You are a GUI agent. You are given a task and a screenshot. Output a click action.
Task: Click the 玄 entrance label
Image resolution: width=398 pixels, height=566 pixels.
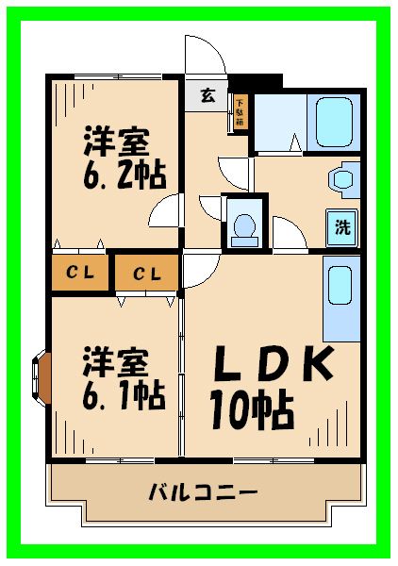206,94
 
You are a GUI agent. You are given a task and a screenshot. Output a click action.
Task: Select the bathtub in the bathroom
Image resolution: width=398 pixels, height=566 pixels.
334,120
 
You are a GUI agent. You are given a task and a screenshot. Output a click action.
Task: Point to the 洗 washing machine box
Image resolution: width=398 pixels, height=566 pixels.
343,226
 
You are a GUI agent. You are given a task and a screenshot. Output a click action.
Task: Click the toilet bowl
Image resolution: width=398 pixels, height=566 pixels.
244,226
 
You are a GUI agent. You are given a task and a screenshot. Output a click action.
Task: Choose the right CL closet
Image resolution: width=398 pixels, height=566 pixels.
146,274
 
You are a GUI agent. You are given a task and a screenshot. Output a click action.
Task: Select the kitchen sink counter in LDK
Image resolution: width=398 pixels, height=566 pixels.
340,299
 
